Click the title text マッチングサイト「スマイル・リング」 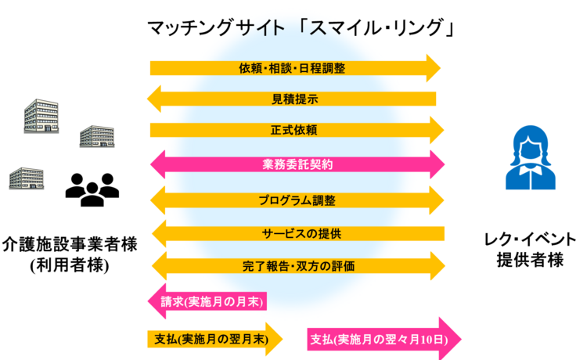(301, 29)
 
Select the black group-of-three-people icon (92, 188)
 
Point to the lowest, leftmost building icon (26, 178)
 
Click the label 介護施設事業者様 (70, 243)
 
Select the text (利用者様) (70, 265)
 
